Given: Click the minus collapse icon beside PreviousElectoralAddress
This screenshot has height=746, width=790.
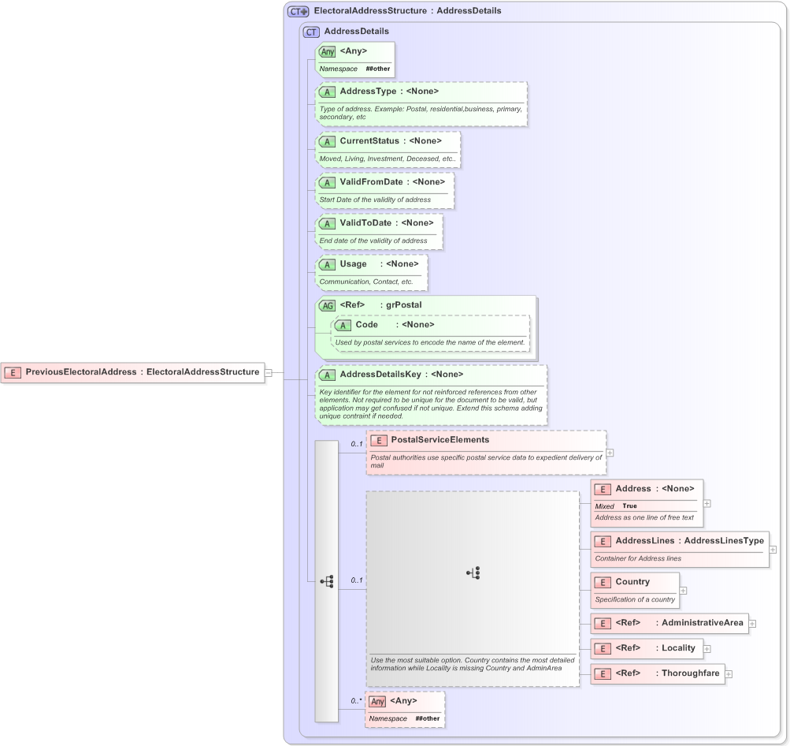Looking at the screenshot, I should pyautogui.click(x=269, y=372).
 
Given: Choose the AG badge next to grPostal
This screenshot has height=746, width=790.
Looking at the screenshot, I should pyautogui.click(x=327, y=305).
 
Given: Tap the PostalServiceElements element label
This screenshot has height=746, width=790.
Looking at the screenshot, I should pyautogui.click(x=440, y=440).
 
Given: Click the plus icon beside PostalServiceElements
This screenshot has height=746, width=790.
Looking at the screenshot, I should pyautogui.click(x=610, y=453).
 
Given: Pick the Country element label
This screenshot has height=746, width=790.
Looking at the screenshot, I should pyautogui.click(x=632, y=582).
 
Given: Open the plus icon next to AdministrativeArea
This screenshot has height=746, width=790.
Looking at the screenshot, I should pyautogui.click(x=752, y=624).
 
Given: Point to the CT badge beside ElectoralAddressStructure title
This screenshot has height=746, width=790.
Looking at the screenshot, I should pyautogui.click(x=298, y=12).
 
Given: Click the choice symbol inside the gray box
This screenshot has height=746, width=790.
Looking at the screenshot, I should pyautogui.click(x=473, y=573).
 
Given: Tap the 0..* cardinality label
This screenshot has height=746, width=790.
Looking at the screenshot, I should pyautogui.click(x=356, y=700).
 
